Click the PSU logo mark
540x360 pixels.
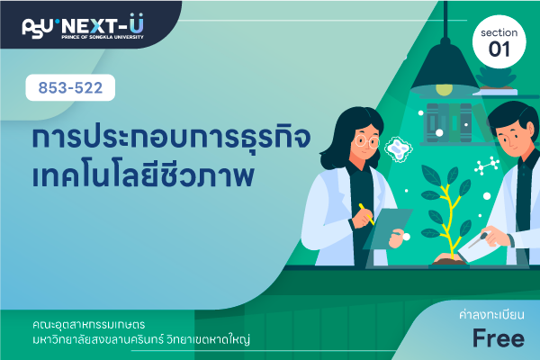pyautogui.click(x=38, y=28)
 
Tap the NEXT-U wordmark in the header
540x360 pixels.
pyautogui.click(x=103, y=25)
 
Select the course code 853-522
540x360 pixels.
pyautogui.click(x=70, y=87)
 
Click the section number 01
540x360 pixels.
pyautogui.click(x=499, y=49)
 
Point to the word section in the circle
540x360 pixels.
pyautogui.click(x=499, y=32)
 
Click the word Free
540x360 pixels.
pyautogui.click(x=499, y=338)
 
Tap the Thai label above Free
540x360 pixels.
pyautogui.click(x=491, y=314)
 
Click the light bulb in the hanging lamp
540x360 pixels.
pyautogui.click(x=445, y=90)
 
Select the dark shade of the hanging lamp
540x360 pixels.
pyautogui.click(x=445, y=67)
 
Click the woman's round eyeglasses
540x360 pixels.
pyautogui.click(x=366, y=141)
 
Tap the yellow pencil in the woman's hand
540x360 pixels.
pyautogui.click(x=366, y=214)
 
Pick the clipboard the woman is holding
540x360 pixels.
pyautogui.click(x=388, y=229)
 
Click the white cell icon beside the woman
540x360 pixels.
pyautogui.click(x=399, y=149)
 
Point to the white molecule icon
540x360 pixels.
pyautogui.click(x=487, y=166)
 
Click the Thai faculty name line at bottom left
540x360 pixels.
pyautogui.click(x=89, y=325)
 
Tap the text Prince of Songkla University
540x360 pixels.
pyautogui.click(x=103, y=37)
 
